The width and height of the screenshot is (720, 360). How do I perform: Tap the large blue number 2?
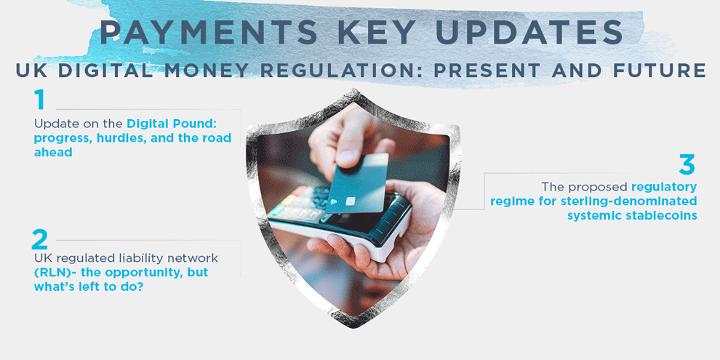(x=40, y=239)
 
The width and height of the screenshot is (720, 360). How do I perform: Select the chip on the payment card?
(x=350, y=201)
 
